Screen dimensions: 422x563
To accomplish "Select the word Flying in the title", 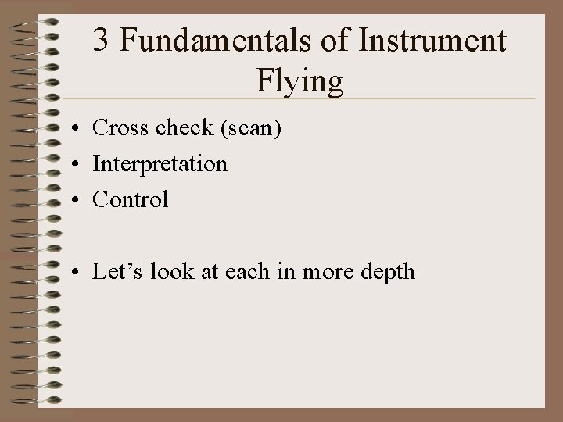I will (299, 80).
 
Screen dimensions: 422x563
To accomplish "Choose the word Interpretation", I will (160, 164).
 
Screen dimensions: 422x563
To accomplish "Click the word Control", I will (130, 199).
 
